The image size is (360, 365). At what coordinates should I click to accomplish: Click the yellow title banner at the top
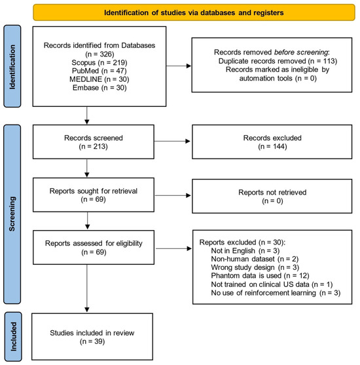[x=194, y=12]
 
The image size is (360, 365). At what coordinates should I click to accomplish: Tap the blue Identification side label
[x=12, y=66]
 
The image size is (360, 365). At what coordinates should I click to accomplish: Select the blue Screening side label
[x=12, y=214]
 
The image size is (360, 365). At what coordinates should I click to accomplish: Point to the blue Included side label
[x=13, y=337]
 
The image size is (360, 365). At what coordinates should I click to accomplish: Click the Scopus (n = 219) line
[x=99, y=63]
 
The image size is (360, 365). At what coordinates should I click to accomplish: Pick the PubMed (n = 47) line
[x=99, y=71]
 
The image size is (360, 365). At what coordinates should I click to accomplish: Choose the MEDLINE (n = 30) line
[x=99, y=79]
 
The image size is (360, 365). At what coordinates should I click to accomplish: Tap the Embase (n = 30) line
[x=99, y=88]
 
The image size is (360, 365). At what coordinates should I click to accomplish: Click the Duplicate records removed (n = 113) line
[x=278, y=61]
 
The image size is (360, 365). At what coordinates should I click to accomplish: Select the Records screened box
[x=94, y=142]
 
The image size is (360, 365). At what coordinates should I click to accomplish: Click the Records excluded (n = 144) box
[x=272, y=142]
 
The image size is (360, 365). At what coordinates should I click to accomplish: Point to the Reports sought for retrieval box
[x=94, y=195]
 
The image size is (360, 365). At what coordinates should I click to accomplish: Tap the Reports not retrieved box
[x=272, y=196]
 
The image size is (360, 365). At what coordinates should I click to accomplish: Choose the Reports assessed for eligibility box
[x=94, y=248]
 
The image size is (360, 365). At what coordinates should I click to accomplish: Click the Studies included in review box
[x=92, y=337]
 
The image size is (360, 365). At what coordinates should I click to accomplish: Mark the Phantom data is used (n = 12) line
[x=260, y=276]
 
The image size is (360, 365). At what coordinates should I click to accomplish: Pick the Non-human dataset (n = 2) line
[x=255, y=259]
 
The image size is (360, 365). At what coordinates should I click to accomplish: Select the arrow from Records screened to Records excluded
[x=172, y=141]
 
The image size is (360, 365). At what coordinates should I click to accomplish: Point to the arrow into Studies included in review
[x=87, y=288]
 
